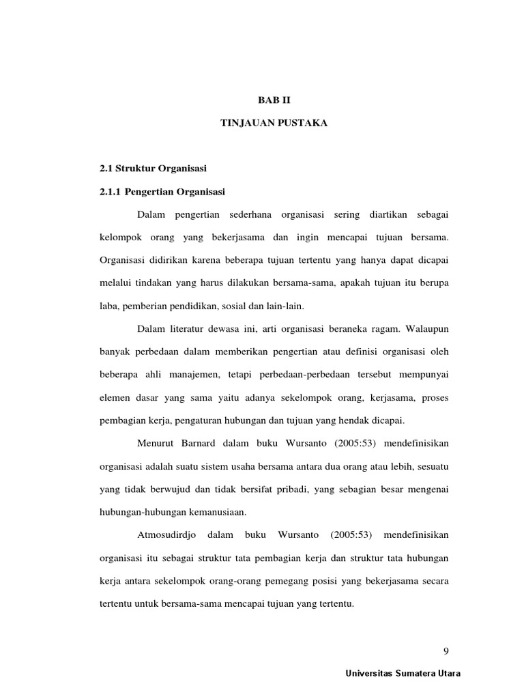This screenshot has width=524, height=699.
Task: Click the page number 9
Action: [446, 650]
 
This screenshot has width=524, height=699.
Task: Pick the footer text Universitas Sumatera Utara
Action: [403, 673]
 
